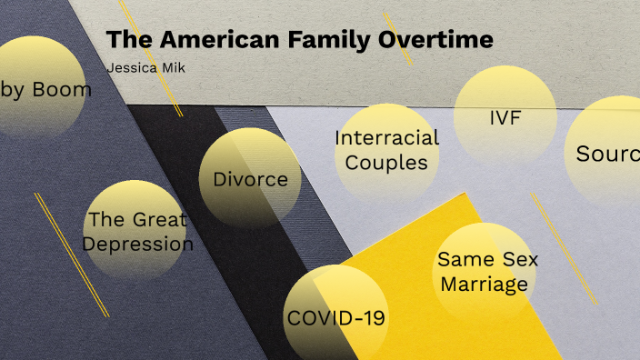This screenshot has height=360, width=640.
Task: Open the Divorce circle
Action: click(250, 178)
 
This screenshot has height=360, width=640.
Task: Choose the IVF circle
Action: click(505, 116)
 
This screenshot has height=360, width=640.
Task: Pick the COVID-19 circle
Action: click(335, 318)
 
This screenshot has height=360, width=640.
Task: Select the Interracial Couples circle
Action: click(386, 151)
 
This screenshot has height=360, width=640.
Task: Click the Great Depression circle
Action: click(135, 231)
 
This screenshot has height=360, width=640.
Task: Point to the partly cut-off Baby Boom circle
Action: click(41, 88)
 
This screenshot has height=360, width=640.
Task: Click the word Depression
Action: click(138, 244)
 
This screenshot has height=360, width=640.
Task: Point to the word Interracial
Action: click(386, 138)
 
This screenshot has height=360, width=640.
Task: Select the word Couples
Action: click(386, 164)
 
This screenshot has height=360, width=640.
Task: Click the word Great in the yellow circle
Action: click(159, 219)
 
